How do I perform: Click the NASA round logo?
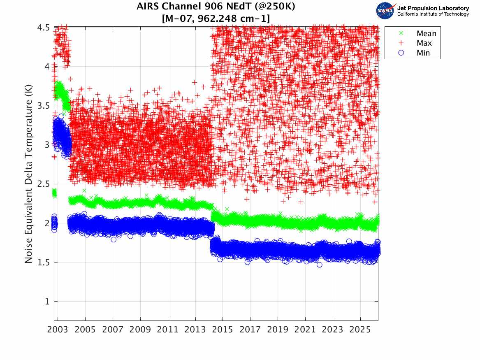pos(385,10)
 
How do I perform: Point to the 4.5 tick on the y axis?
pos(44,28)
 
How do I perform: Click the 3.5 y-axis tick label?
pos(44,106)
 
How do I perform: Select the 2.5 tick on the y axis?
pos(44,184)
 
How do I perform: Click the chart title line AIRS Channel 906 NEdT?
pos(216,7)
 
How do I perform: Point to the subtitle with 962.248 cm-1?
pos(216,18)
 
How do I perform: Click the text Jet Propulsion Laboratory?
pos(433,8)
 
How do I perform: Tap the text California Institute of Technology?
pos(433,14)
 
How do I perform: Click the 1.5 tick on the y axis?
pos(44,262)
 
